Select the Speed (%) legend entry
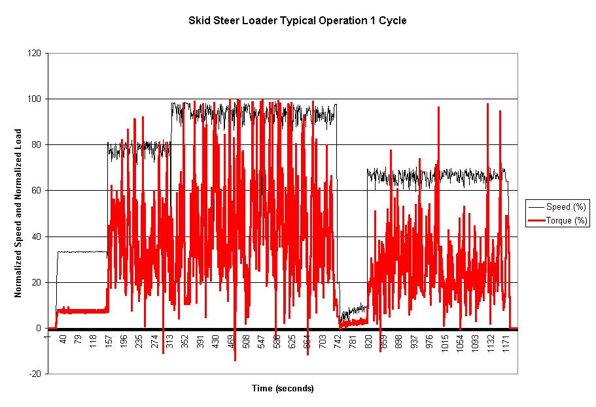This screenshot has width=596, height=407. click(x=566, y=207)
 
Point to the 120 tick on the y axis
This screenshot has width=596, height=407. click(x=35, y=53)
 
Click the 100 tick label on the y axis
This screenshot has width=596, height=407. click(x=35, y=99)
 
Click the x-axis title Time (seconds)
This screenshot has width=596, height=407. click(x=283, y=389)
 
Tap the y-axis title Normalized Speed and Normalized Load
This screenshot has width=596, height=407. click(x=18, y=213)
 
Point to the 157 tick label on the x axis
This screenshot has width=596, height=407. click(x=109, y=344)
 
